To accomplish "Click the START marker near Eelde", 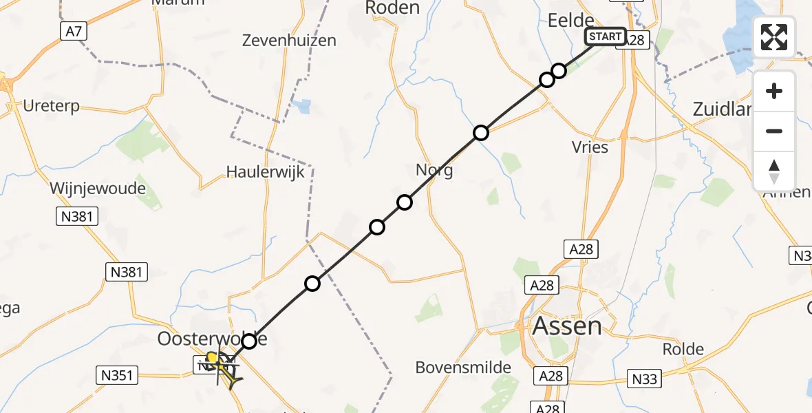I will coord(606,36).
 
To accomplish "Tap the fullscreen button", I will coord(774,37).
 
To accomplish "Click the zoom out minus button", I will coord(774,131).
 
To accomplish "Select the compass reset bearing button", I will coord(774,171).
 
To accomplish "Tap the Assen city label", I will coord(567,326).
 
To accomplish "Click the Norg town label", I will coord(434,170).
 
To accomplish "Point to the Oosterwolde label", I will coord(213,339).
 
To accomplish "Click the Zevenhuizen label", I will coord(289,41).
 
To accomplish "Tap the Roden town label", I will coord(393,8).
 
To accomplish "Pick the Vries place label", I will coord(590,147).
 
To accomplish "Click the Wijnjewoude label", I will coord(98,188).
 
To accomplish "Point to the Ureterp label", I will coord(51,107).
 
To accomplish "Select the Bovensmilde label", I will coord(463,368).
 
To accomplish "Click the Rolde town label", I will coord(683,349).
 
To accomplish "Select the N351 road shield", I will coord(116,375).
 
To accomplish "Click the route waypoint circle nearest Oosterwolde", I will coord(249,341).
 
